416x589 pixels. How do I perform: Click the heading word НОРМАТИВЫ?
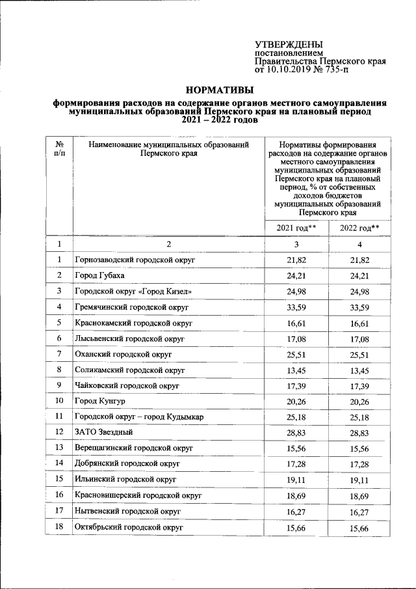[x=218, y=90]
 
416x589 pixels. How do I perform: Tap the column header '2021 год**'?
[x=296, y=227]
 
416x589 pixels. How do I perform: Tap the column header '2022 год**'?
[x=359, y=227]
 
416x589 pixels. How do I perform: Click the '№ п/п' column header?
[x=59, y=150]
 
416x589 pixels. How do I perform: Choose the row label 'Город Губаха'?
[x=99, y=275]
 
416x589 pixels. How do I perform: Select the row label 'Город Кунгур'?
[x=99, y=401]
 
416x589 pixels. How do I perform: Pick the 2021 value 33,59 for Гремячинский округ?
[x=296, y=307]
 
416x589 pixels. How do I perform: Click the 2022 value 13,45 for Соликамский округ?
[x=359, y=370]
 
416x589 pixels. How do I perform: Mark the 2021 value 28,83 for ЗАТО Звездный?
[x=296, y=432]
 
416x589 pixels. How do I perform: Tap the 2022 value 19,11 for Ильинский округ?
[x=359, y=479]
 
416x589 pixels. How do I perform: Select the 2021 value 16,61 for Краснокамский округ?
[x=296, y=322]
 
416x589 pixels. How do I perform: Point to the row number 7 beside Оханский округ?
[x=59, y=353]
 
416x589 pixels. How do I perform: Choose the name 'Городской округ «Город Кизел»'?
[x=133, y=291]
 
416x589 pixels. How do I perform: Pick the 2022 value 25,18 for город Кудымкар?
[x=359, y=417]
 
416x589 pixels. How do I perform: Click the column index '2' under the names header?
[x=168, y=244]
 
